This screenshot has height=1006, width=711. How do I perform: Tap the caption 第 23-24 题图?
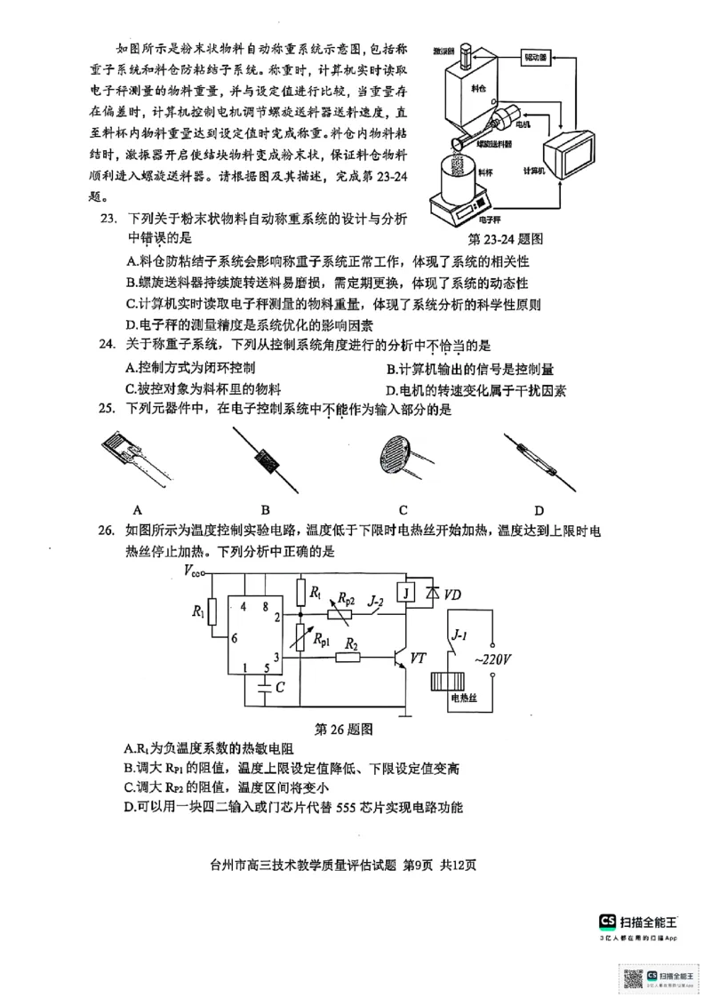[x=506, y=239]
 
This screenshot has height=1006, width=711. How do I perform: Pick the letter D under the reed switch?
[x=539, y=510]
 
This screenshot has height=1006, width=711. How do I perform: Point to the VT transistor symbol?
[x=402, y=659]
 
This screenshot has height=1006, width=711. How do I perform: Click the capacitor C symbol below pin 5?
[x=264, y=686]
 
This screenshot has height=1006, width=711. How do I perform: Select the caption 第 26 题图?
[x=337, y=729]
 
